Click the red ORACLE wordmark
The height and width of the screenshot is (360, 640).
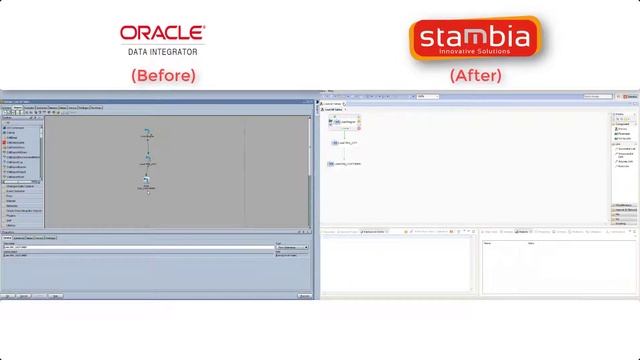pos(162,35)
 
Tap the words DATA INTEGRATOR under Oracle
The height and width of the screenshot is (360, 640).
pos(162,51)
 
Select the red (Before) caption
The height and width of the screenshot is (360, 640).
pos(163,75)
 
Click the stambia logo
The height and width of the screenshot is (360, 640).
pos(474,38)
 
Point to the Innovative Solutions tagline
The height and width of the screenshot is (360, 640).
pos(475,52)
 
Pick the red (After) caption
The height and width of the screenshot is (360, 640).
pos(475,75)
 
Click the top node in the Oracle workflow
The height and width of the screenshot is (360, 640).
pos(147,133)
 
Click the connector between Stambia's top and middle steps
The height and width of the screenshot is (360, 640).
pos(345,132)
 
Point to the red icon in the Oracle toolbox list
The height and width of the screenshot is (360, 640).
pos(6,143)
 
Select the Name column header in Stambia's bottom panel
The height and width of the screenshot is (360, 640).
pos(488,243)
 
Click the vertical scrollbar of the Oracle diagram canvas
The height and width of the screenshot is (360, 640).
pos(309,160)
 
